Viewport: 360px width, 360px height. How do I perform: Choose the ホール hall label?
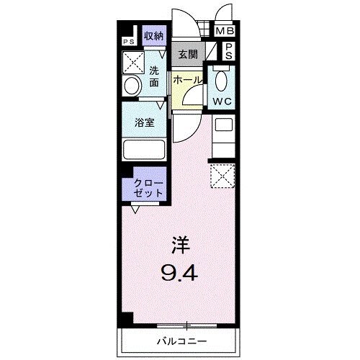pyautogui.click(x=187, y=81)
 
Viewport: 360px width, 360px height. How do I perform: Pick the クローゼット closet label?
pyautogui.click(x=147, y=189)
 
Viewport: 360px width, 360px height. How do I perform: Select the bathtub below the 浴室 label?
pyautogui.click(x=145, y=150)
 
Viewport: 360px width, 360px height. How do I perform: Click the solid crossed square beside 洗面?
pyautogui.click(x=135, y=63)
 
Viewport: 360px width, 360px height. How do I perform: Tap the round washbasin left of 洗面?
pyautogui.click(x=130, y=86)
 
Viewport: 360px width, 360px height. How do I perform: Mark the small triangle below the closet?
pyautogui.click(x=135, y=210)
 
